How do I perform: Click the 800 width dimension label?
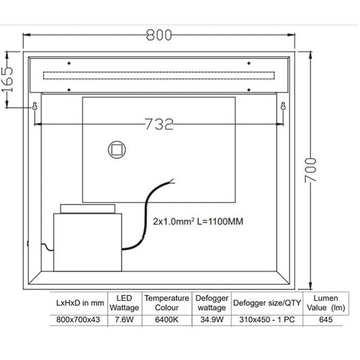159,35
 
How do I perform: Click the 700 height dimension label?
311,170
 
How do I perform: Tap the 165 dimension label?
8,80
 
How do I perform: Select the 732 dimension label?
159,124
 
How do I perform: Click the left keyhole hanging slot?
35,106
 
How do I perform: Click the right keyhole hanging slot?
283,106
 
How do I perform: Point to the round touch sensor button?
117,150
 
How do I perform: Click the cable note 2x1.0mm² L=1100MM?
198,222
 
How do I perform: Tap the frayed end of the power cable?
173,180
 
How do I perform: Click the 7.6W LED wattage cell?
124,319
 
